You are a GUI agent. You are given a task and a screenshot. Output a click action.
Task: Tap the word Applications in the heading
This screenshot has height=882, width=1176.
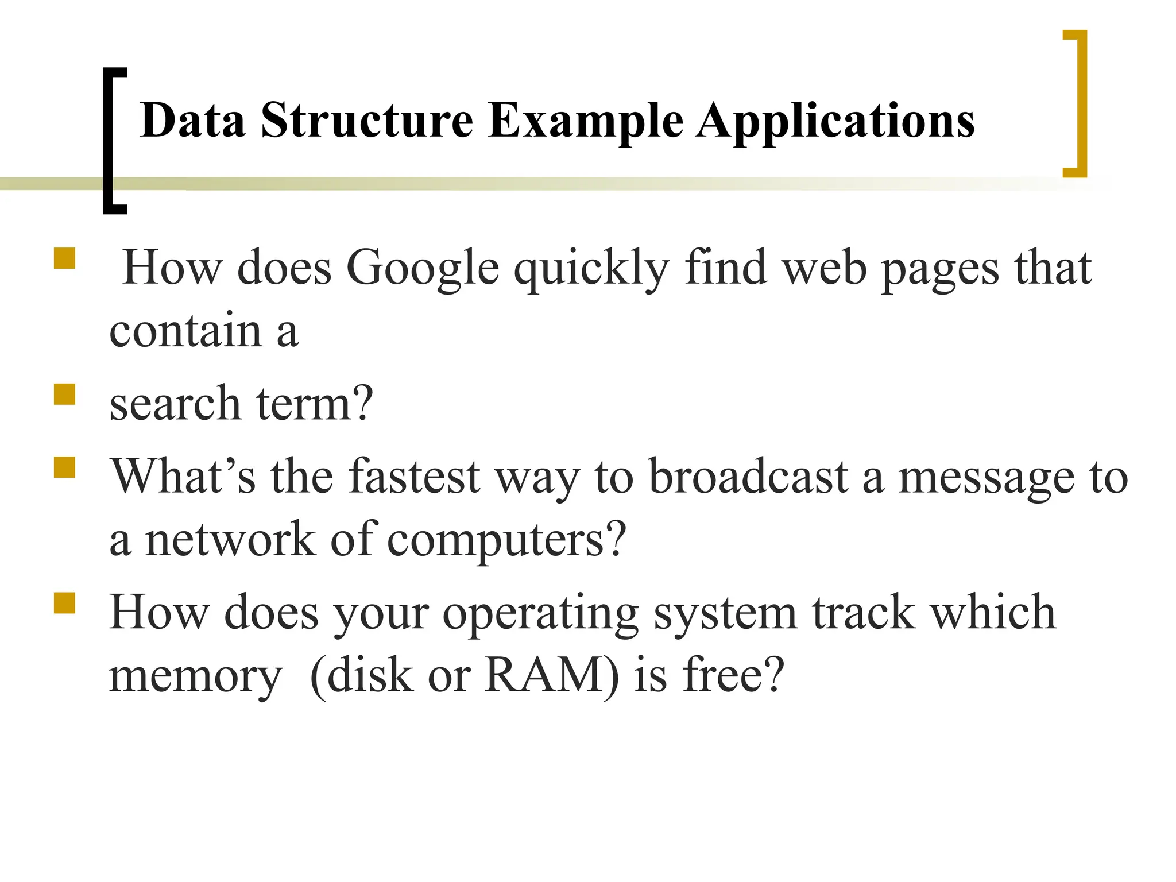[835, 122]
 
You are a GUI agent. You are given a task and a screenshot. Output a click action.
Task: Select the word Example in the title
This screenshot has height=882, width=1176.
[586, 122]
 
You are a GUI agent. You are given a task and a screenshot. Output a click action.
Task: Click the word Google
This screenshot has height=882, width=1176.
[423, 269]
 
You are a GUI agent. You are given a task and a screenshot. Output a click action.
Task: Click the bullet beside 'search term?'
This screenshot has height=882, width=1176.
[65, 394]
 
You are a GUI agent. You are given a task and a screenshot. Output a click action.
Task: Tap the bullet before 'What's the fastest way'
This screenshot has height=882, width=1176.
[65, 467]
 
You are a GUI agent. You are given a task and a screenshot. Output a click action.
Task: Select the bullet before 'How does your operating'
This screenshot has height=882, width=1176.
[65, 603]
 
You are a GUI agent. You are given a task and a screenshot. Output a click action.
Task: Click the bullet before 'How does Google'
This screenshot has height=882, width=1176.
[65, 258]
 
